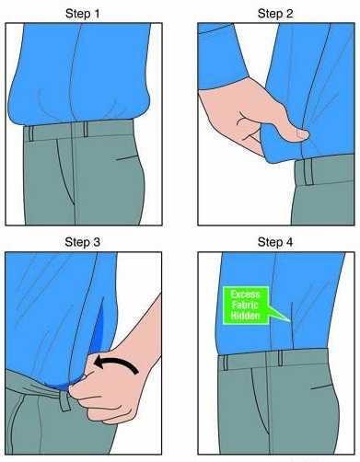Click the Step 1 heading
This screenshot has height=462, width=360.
coord(83,14)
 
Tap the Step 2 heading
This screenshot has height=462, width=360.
coord(275,14)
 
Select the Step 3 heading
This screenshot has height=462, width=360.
coord(83,242)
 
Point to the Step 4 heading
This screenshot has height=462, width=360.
coord(275,242)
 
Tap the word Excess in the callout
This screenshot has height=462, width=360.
coord(245,295)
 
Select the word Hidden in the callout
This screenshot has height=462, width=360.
coord(245,316)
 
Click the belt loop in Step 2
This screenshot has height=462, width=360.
coord(308,172)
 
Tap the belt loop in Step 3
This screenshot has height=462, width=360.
coord(64,398)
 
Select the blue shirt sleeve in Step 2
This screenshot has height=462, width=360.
coord(223,55)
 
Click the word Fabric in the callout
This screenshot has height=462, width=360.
coord(245,305)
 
